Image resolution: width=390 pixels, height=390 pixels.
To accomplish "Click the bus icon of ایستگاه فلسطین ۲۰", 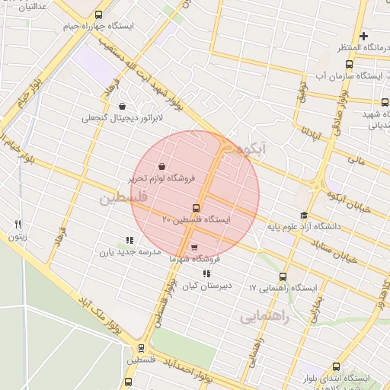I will coord(197,208).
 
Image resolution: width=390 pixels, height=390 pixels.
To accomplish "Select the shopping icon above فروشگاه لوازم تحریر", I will coord(161,166).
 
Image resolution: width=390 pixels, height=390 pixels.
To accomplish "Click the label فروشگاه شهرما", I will coord(194,259).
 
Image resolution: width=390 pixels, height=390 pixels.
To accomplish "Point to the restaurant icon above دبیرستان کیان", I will coord(206,273).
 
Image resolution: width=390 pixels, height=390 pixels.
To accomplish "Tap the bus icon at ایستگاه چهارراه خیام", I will coord(97,15).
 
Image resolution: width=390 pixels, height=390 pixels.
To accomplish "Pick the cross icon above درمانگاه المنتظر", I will coord(364,36).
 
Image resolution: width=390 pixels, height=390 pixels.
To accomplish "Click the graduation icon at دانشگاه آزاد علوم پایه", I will coord(305,215).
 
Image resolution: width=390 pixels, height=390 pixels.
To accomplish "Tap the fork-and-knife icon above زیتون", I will coord(18,224).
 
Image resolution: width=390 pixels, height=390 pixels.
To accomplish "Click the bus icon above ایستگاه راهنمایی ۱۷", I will coord(283,277).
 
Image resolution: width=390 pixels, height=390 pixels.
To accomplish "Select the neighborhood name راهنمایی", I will coord(264,317).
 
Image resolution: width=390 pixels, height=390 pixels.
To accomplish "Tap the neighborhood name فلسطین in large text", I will coord(120,199).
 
